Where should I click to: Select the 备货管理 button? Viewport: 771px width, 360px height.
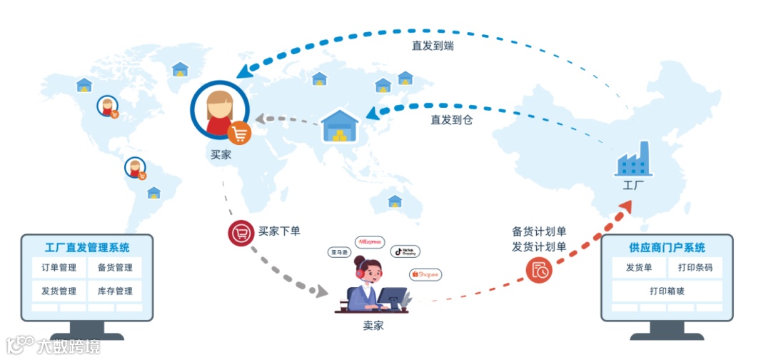coord(114,268)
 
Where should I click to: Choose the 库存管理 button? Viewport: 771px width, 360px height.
coord(114,291)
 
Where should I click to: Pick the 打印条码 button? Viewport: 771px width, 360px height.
coord(695,269)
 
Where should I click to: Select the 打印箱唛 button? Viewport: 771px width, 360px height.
coord(666,291)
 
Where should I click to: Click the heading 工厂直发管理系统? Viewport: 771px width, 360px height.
coord(87,248)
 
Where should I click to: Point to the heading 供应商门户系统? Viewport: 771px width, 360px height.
coord(667,248)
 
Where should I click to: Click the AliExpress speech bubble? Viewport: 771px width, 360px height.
coord(371,242)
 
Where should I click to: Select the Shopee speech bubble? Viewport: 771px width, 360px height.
coord(425,274)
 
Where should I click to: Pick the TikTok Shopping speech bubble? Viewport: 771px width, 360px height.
coord(405,251)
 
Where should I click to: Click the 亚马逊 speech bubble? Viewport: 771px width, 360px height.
coord(338,252)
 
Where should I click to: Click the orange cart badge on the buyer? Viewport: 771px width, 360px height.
coord(240,133)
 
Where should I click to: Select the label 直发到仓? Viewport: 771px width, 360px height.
coord(451,120)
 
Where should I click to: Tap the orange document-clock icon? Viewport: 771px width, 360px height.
coord(539,270)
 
